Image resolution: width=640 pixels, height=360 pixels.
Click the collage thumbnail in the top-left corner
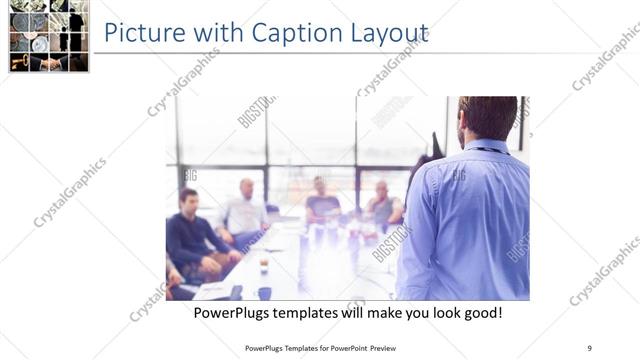[47, 36]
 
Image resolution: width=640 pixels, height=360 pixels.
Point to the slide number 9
[589, 348]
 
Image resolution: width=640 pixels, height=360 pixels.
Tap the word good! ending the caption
[479, 313]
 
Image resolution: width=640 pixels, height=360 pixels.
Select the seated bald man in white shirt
[246, 209]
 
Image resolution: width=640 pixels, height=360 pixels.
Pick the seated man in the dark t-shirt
[322, 200]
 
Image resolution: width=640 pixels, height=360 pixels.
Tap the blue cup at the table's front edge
[264, 292]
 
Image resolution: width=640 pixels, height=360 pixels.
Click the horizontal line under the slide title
[360, 53]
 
